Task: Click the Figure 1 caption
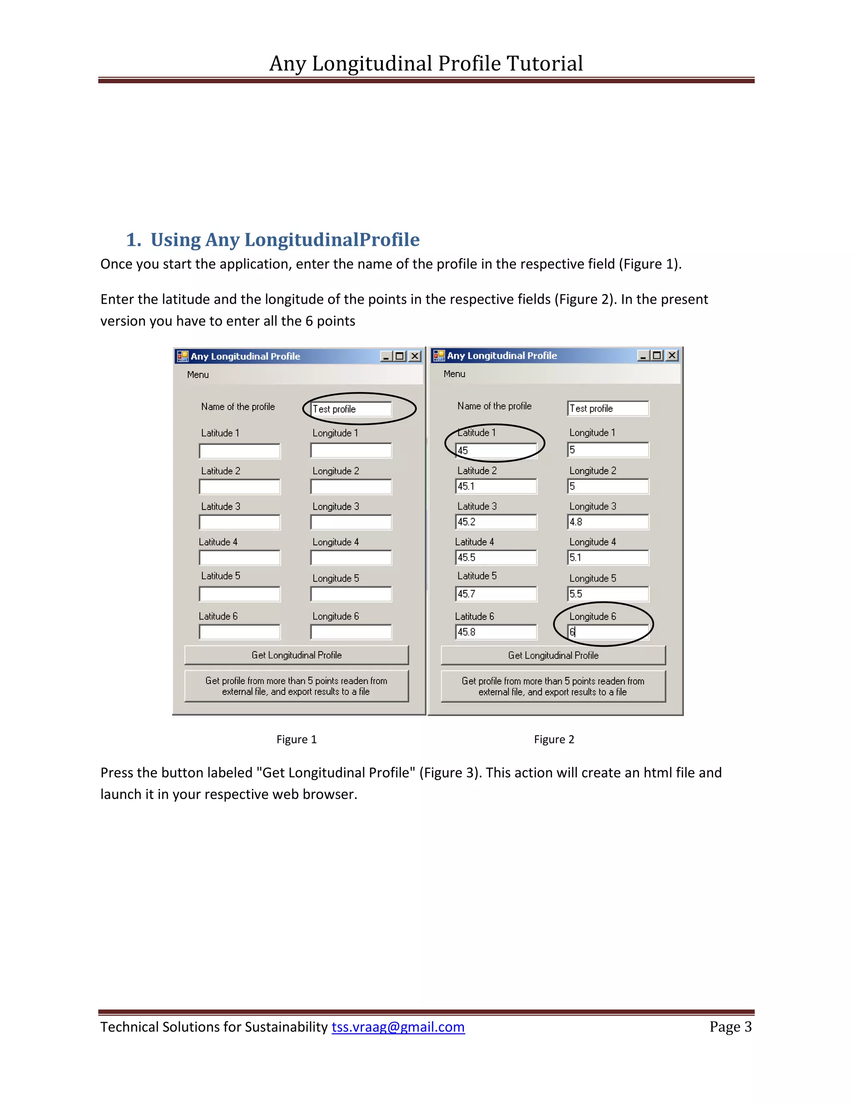[297, 739]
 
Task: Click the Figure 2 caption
[554, 739]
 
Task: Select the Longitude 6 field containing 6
[608, 632]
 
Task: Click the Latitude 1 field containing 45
[496, 450]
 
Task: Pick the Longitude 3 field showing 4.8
[608, 522]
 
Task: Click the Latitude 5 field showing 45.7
[496, 594]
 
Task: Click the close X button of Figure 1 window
[415, 356]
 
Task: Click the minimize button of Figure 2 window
[643, 355]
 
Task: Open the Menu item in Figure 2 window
[454, 374]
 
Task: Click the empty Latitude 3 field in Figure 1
[239, 522]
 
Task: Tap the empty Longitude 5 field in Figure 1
[351, 594]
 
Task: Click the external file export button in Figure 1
[297, 686]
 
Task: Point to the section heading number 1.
[133, 240]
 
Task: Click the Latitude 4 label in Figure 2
[474, 542]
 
